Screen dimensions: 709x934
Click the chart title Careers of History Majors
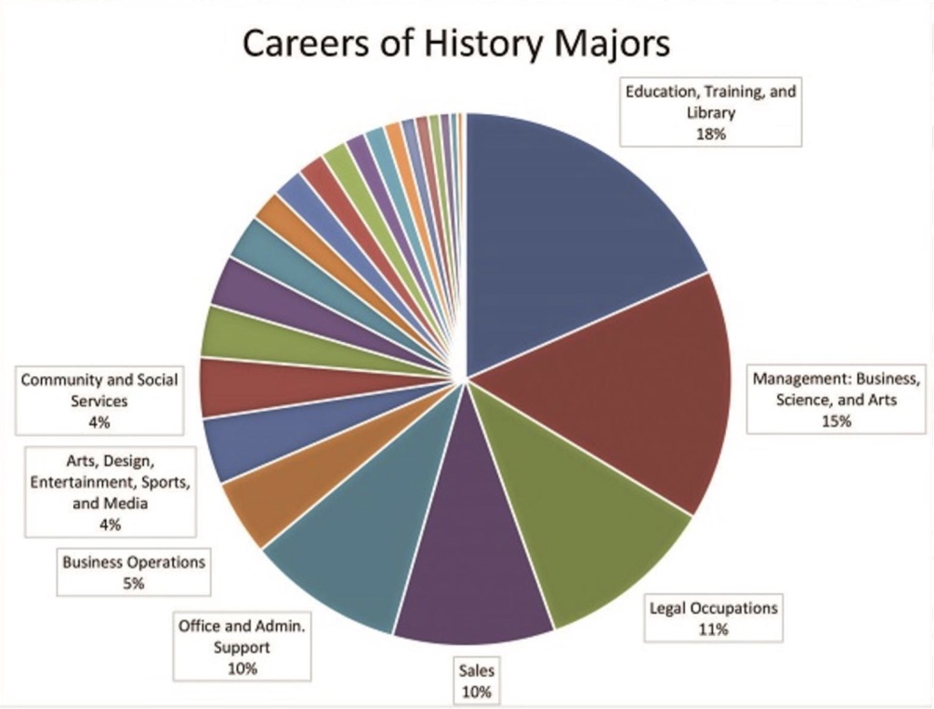point(455,44)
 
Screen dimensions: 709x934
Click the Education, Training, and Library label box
point(711,112)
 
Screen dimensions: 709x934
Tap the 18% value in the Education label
point(711,134)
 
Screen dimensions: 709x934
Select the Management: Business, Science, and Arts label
point(838,400)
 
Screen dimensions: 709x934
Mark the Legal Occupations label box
point(713,618)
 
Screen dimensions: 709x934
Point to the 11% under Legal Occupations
point(713,630)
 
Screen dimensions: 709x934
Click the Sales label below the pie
point(477,681)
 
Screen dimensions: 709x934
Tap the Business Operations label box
point(133,572)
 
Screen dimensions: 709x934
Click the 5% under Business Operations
point(133,584)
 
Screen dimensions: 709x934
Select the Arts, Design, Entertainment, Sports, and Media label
point(110,491)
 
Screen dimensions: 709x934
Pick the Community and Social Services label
point(99,400)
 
